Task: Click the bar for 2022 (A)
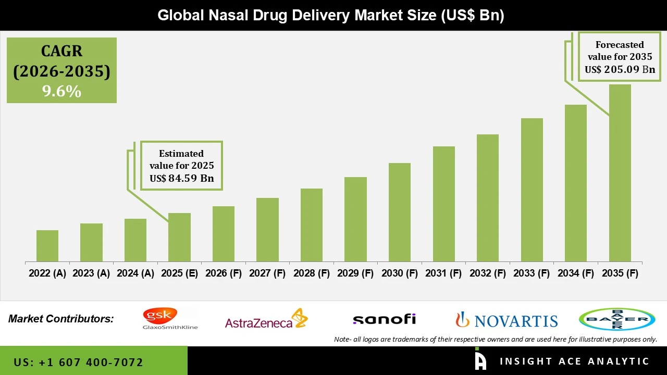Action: (47, 246)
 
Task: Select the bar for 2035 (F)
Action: (620, 173)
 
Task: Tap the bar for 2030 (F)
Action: (399, 213)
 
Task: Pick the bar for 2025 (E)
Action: (179, 238)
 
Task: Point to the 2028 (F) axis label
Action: (312, 273)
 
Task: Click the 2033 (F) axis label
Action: (532, 273)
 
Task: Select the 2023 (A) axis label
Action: (91, 273)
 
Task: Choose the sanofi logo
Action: (384, 319)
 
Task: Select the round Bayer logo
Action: (617, 319)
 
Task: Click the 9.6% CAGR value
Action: (61, 92)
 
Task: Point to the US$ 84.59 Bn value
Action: (181, 179)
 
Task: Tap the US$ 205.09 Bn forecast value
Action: (620, 70)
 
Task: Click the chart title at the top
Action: (331, 15)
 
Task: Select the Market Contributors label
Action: (61, 319)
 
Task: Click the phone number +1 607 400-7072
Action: (78, 362)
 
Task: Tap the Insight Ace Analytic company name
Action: (574, 361)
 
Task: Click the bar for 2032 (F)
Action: (487, 198)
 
